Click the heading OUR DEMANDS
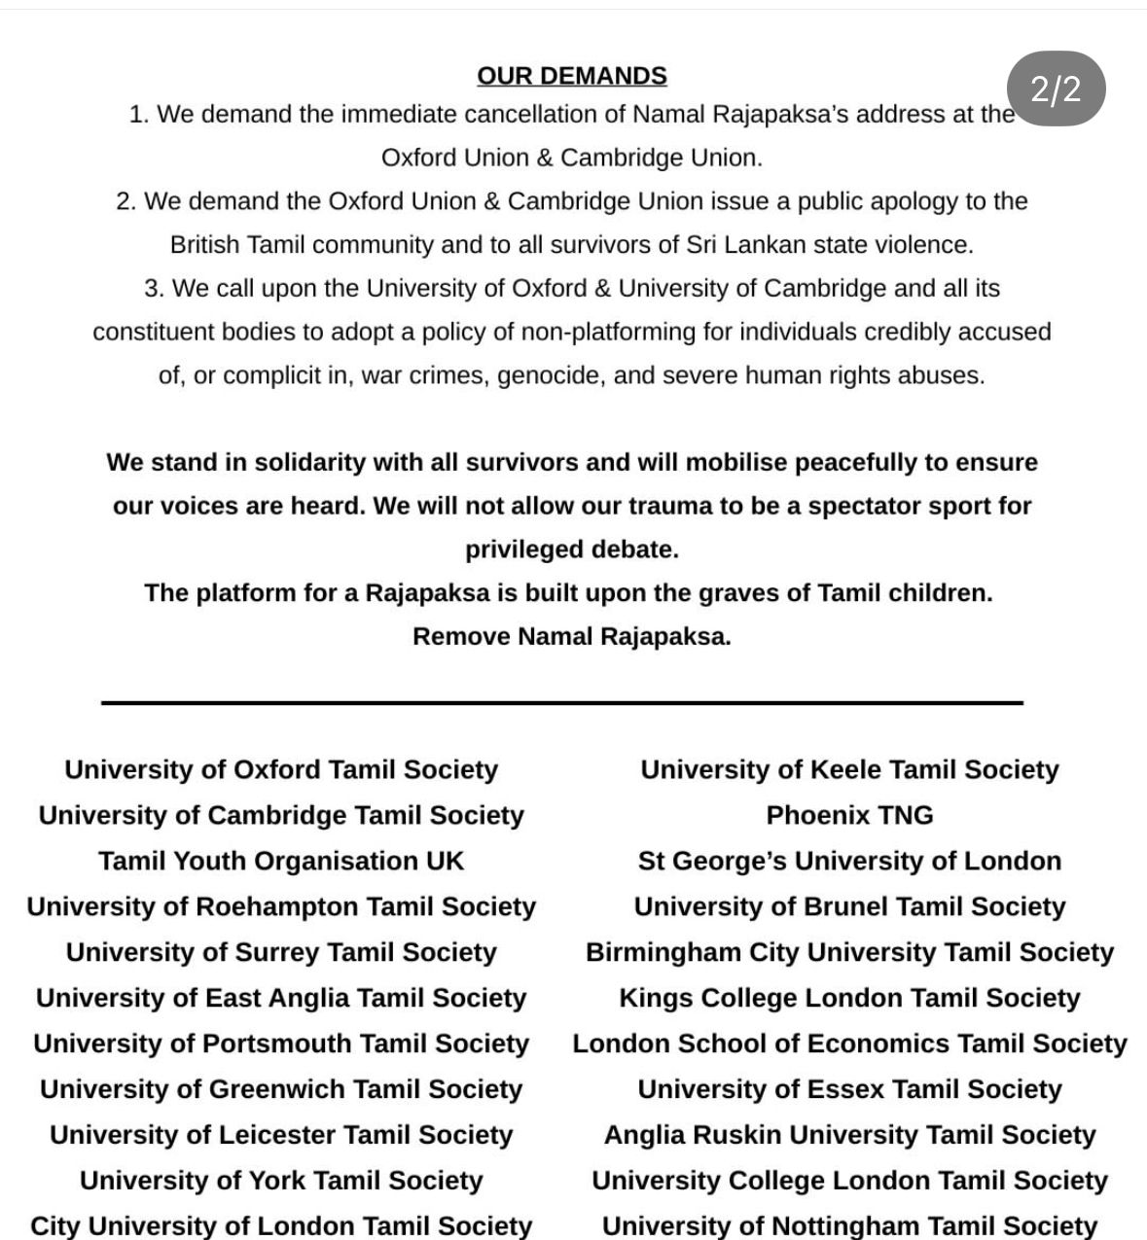(x=571, y=76)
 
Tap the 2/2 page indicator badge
(x=1056, y=89)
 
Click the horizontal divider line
(x=562, y=701)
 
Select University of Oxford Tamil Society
(x=281, y=769)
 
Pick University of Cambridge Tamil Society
(x=281, y=815)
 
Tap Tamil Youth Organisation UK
(x=281, y=861)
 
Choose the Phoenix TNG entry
(x=849, y=815)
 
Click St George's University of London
(x=849, y=861)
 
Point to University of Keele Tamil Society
(x=849, y=769)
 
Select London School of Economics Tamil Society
(x=849, y=1044)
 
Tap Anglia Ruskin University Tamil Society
(x=849, y=1135)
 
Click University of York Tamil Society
(x=281, y=1181)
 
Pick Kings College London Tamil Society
(x=849, y=998)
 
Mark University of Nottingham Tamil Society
(x=849, y=1225)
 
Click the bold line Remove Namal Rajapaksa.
(x=571, y=637)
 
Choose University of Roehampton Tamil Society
(x=281, y=906)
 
